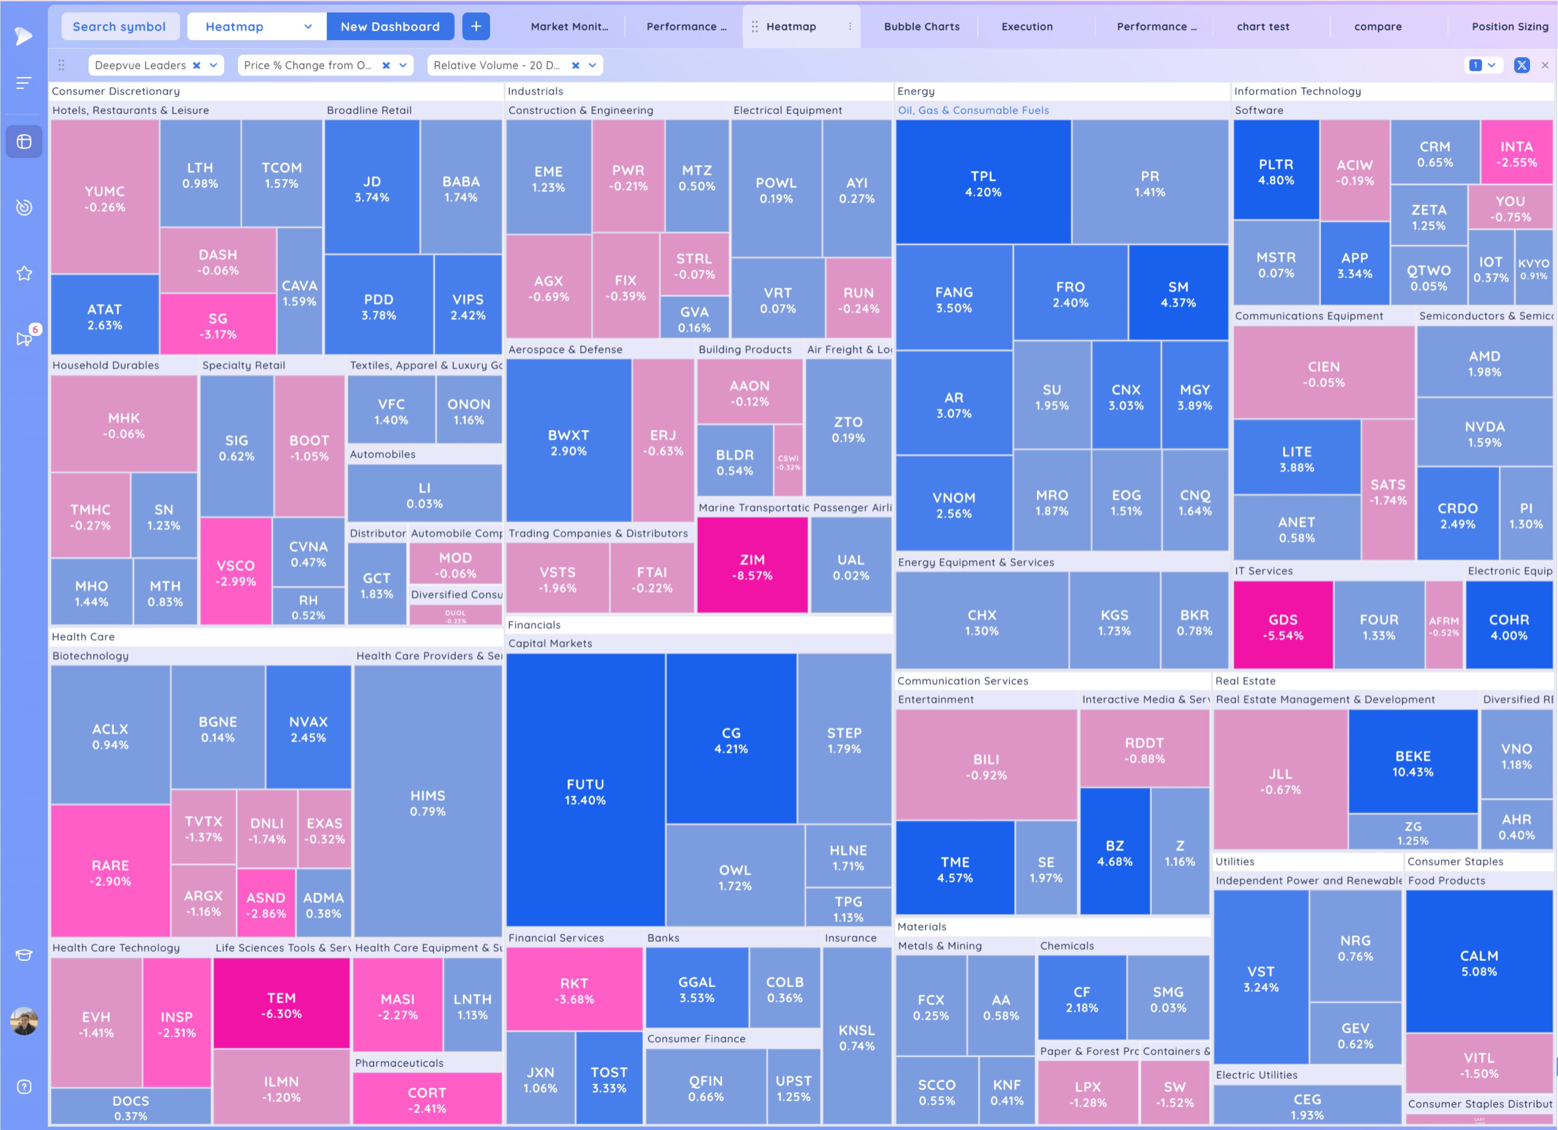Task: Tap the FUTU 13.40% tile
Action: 585,791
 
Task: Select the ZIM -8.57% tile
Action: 752,567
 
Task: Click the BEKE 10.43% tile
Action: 1412,763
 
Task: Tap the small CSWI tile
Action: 788,461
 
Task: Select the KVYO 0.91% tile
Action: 1533,268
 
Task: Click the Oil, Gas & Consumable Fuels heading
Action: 973,110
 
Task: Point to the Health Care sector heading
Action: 83,636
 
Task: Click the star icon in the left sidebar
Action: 24,274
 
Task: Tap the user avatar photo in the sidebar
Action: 24,1021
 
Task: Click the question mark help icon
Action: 24,1087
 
